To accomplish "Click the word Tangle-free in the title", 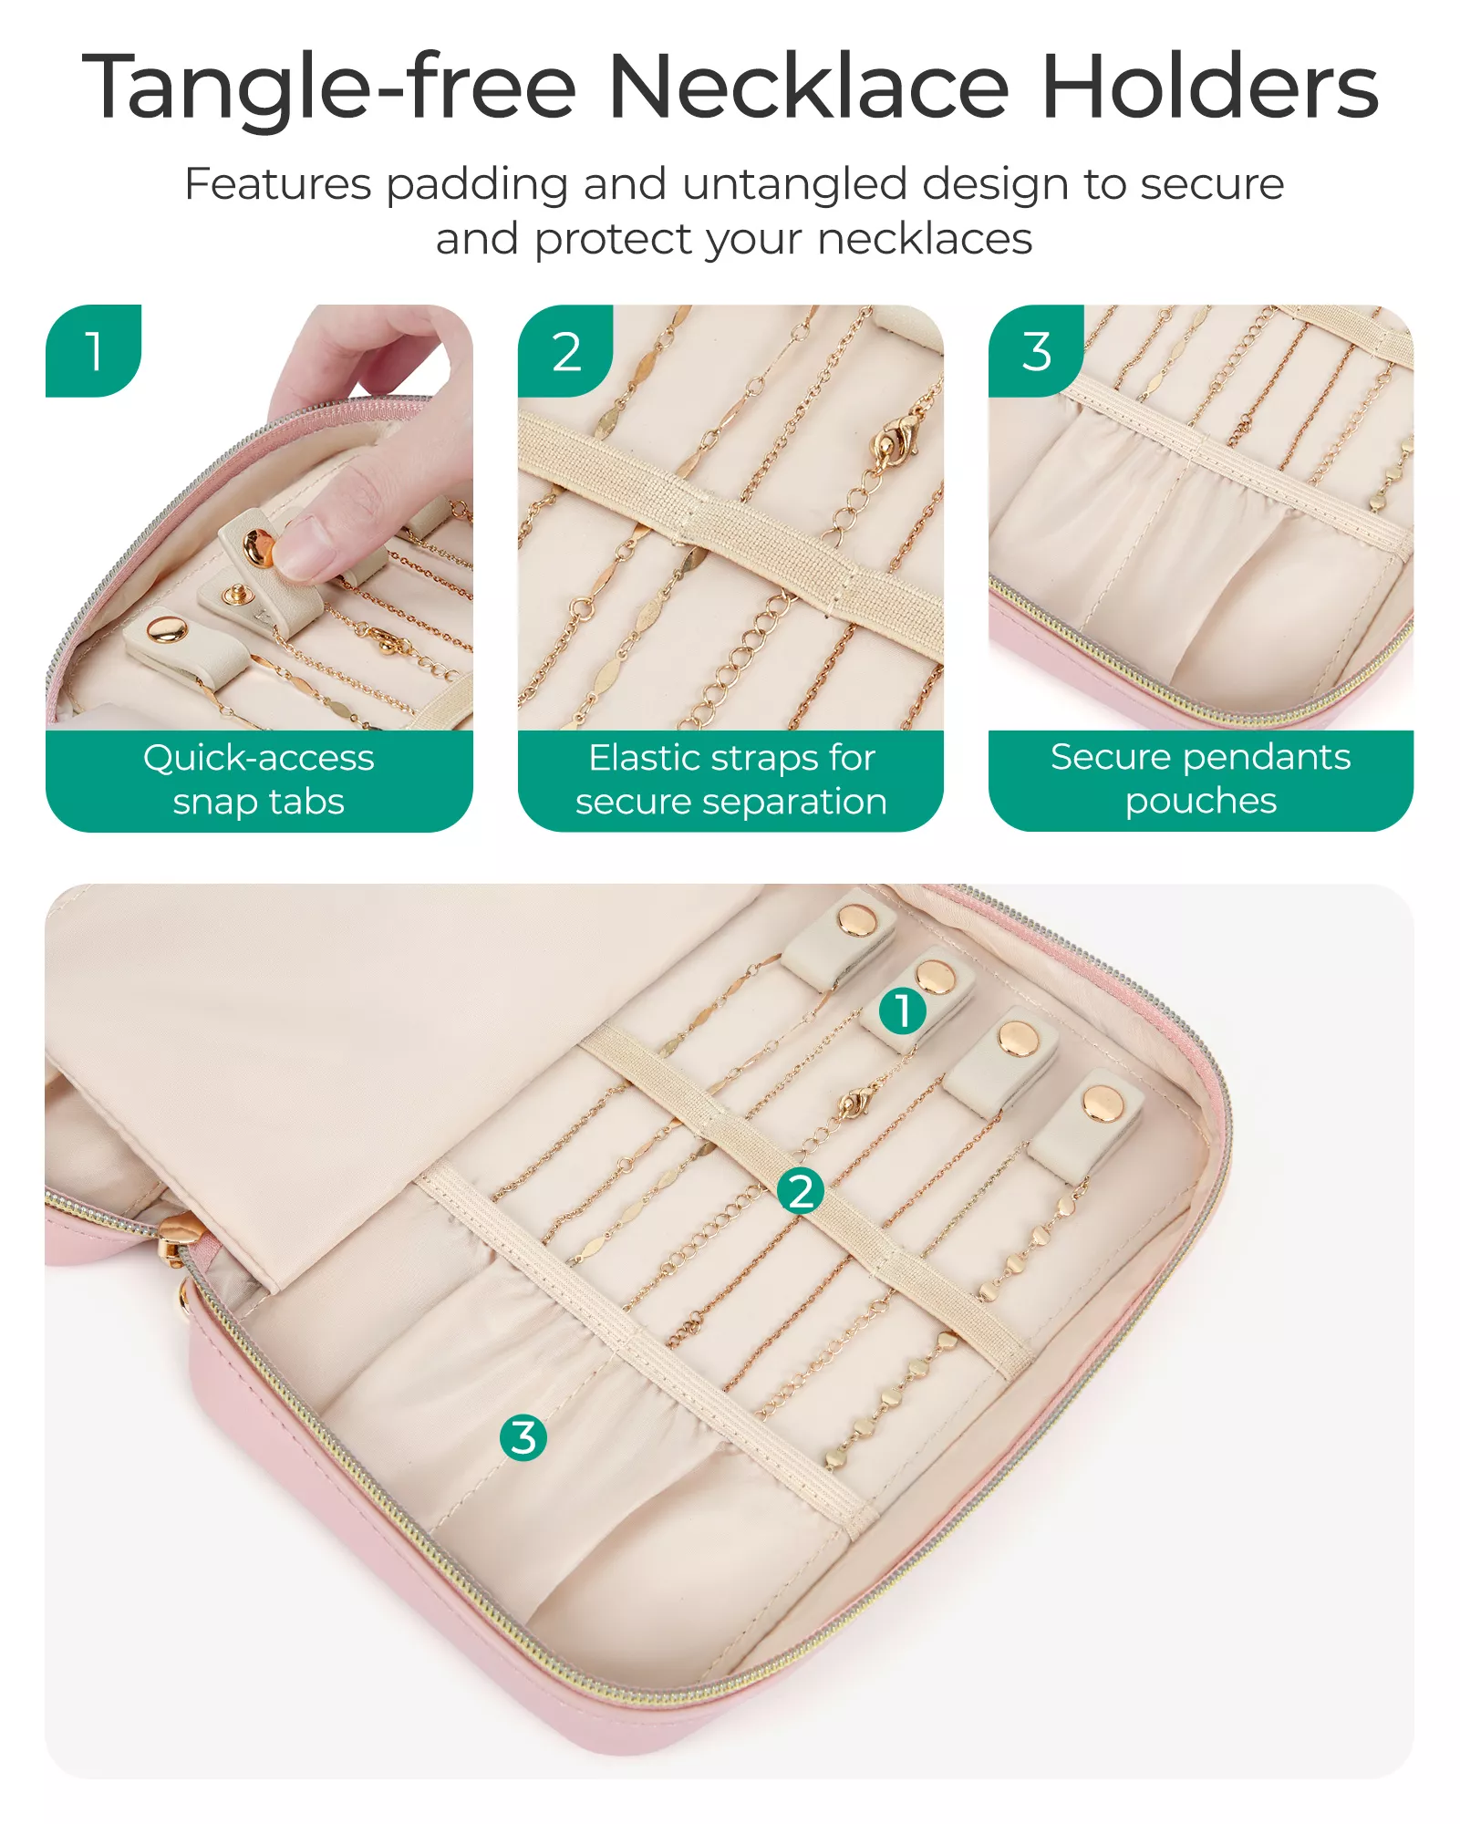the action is pyautogui.click(x=329, y=88).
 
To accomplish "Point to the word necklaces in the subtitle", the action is pyautogui.click(x=925, y=239).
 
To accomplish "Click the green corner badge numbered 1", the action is pyautogui.click(x=93, y=351).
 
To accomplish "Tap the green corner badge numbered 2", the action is pyautogui.click(x=565, y=351).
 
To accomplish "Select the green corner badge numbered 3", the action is pyautogui.click(x=1037, y=351).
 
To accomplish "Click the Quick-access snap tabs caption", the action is pyautogui.click(x=259, y=780).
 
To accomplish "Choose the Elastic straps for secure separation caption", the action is pyautogui.click(x=731, y=780).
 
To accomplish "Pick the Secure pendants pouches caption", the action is pyautogui.click(x=1201, y=779).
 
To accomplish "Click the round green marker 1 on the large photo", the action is pyautogui.click(x=903, y=1010).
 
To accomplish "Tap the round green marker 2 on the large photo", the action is pyautogui.click(x=801, y=1191).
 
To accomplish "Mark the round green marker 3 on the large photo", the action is pyautogui.click(x=523, y=1437).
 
